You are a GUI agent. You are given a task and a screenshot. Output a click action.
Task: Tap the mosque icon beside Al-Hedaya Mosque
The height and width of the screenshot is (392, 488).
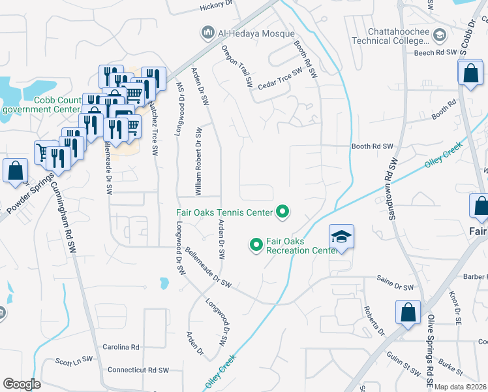pos(208,32)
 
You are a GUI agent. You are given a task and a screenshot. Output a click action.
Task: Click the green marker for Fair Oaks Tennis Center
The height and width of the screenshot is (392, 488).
pos(282,211)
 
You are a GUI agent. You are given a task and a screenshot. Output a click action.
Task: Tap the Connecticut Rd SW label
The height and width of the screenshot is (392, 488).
pos(138,370)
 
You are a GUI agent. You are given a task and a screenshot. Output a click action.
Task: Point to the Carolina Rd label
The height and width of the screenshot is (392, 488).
pos(121,347)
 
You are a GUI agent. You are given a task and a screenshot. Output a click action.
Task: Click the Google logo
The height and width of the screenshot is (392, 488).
pos(22,384)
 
